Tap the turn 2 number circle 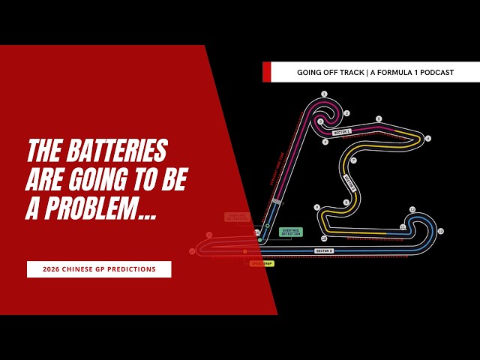coord(346,113)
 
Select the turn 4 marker coord(325,141)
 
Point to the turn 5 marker coord(379,118)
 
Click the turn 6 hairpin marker coord(428,138)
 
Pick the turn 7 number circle coord(353,160)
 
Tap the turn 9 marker coord(317,207)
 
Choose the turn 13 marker coord(440,231)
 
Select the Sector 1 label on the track coord(342,132)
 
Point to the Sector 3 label coord(324,250)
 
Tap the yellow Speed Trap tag coord(262,263)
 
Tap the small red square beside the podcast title coord(266,72)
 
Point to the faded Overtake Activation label coord(236,217)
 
